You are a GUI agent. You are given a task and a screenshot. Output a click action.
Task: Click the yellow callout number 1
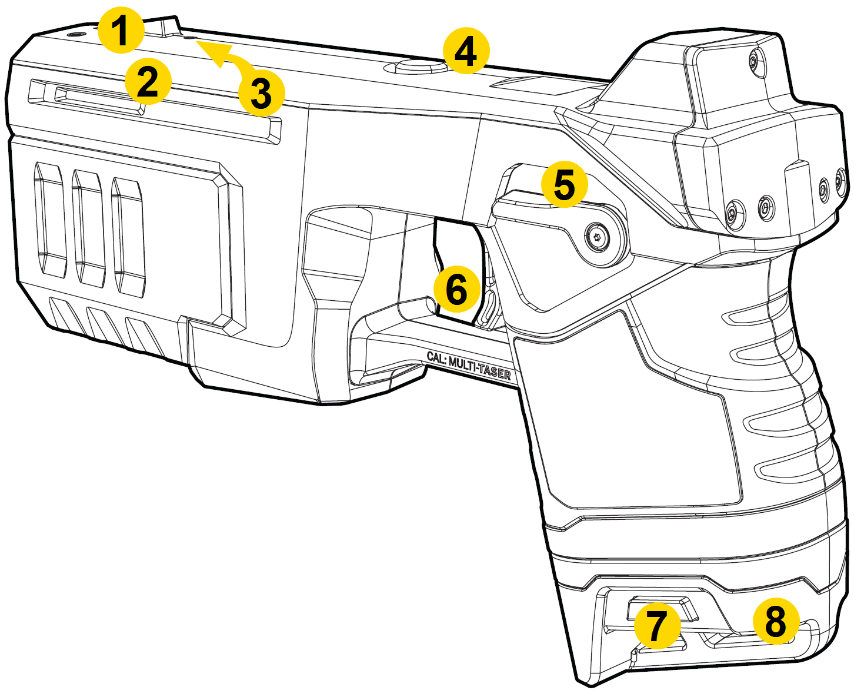[x=121, y=31]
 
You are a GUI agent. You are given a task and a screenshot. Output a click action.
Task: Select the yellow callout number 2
[x=148, y=81]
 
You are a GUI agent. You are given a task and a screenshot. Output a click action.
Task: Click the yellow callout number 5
[x=564, y=185]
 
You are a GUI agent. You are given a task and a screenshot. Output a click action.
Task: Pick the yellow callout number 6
[x=456, y=289]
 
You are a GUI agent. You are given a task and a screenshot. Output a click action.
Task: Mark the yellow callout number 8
[x=776, y=620]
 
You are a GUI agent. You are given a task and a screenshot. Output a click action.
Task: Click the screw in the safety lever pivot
[x=599, y=238]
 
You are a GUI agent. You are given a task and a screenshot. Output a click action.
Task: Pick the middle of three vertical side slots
[x=88, y=230]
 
